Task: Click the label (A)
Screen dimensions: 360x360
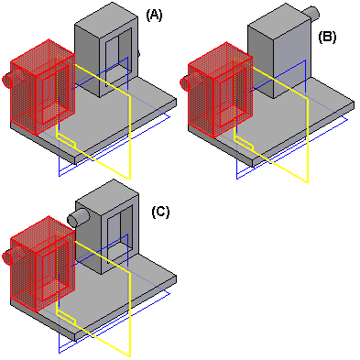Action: tap(154, 15)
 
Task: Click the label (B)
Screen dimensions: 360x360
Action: tap(327, 37)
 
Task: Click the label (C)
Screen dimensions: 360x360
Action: tap(160, 212)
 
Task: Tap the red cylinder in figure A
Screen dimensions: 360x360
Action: tap(6, 80)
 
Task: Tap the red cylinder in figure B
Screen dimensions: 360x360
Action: tap(185, 83)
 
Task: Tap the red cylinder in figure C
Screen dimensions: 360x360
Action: tap(6, 256)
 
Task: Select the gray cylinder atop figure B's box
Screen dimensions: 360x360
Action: tap(311, 13)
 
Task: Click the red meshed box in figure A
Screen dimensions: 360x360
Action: tap(42, 87)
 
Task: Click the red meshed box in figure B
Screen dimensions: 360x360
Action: tap(220, 90)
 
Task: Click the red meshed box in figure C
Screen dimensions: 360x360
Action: tap(42, 264)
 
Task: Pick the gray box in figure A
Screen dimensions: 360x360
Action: tap(106, 49)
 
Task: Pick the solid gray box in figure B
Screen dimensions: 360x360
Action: tap(279, 51)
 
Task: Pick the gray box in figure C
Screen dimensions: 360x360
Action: tap(107, 226)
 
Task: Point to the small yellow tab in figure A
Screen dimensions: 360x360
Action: tap(66, 141)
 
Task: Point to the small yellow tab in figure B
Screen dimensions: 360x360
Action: tap(245, 144)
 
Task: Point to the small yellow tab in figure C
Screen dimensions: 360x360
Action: tap(66, 318)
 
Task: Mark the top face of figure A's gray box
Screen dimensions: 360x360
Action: tap(106, 16)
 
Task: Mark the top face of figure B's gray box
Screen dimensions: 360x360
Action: tap(279, 18)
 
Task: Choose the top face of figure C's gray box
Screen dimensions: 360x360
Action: tap(107, 193)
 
